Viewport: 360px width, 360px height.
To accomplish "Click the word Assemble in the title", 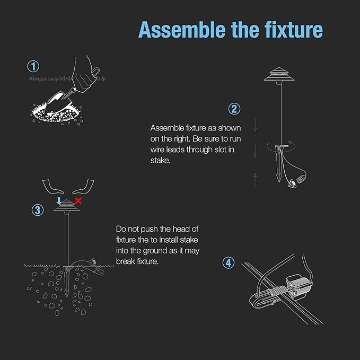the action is coord(182,30).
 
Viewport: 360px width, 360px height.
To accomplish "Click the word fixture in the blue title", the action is coord(293,30).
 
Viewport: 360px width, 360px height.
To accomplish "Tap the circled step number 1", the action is coord(33,66).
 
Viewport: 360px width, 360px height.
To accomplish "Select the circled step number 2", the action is coord(234,109).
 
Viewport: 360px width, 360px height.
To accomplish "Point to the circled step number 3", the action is coord(38,210).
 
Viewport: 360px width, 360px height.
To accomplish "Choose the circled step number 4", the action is coord(229,262).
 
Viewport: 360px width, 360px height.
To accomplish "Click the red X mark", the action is coord(78,200).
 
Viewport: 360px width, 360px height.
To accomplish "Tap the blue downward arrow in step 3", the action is coord(59,200).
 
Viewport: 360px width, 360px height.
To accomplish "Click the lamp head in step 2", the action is coord(279,74).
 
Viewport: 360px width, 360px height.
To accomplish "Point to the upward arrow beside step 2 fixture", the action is coord(255,180).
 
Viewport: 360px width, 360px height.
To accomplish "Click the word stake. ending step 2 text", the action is coord(161,161).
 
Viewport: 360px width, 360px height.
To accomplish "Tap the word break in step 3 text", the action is coord(126,261).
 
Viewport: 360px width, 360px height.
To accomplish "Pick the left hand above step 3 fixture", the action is coord(53,187).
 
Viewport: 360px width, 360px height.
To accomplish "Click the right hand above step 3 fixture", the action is coord(83,187).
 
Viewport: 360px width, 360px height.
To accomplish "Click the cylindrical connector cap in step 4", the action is coord(299,287).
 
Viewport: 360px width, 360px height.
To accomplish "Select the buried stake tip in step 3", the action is coord(67,294).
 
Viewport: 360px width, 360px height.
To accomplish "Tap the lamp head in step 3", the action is coord(67,206).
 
